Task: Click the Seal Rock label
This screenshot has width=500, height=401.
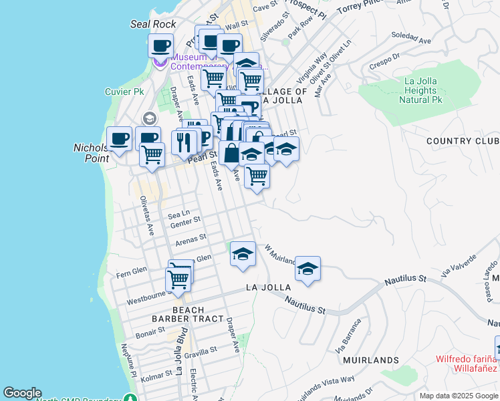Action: click(x=153, y=24)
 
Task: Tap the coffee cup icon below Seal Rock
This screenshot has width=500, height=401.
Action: click(x=160, y=47)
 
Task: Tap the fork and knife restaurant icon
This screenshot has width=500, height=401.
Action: click(x=184, y=142)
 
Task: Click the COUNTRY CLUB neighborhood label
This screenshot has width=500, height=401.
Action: click(x=462, y=141)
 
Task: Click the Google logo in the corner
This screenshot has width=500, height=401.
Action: click(x=22, y=393)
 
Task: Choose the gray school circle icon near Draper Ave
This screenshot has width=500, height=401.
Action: click(x=149, y=118)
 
